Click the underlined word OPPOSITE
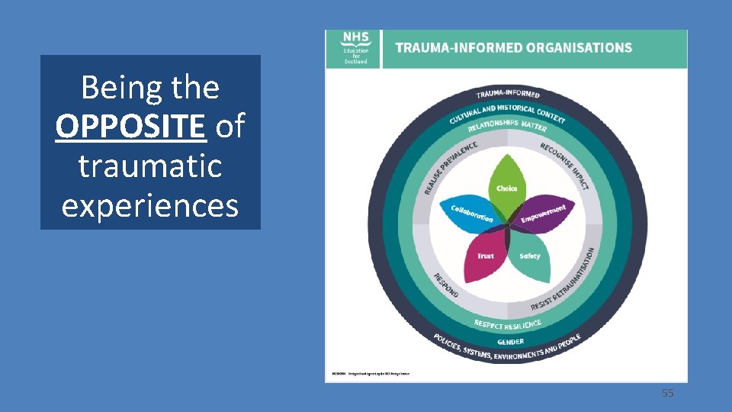(130, 127)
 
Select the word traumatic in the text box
(149, 166)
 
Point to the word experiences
(149, 205)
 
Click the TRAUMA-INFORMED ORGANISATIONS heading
(513, 47)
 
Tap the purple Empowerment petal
(543, 215)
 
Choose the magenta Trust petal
(485, 255)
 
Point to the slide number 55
(667, 393)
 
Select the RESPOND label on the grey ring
(446, 285)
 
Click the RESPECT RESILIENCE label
(507, 324)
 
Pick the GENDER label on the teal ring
(510, 342)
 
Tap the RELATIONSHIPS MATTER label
(507, 124)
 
